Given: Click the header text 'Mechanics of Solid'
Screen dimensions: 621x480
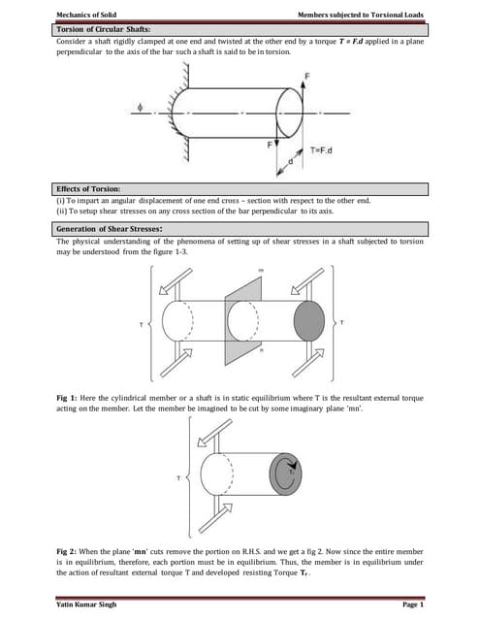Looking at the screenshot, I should pos(85,15).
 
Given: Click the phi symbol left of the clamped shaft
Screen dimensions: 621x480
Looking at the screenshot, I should pos(141,109).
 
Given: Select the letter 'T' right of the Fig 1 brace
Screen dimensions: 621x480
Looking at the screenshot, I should pos(340,322).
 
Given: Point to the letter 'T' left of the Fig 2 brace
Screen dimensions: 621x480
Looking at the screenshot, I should pos(176,479).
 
